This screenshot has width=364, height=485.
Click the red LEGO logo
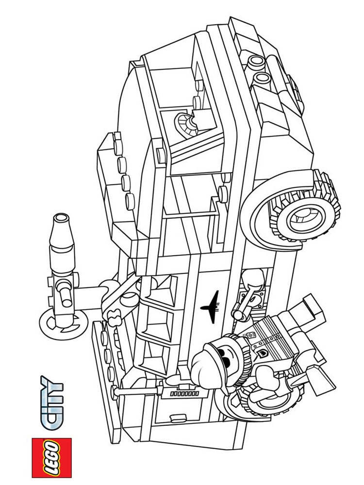click(52, 457)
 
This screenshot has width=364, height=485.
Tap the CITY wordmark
click(52, 402)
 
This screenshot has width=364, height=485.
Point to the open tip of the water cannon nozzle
click(61, 218)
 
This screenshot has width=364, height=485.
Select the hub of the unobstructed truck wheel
click(305, 216)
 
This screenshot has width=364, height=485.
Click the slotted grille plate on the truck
click(185, 394)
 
